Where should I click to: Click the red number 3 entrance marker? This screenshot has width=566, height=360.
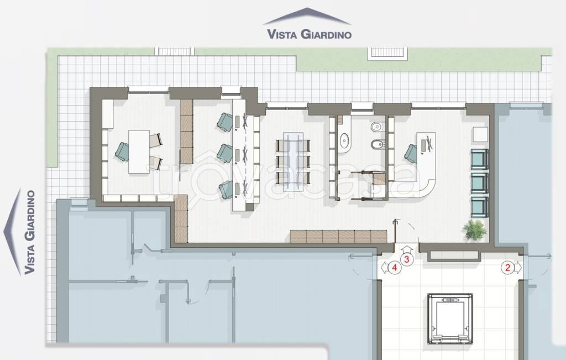tap(407, 259)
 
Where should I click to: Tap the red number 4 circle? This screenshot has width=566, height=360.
tap(395, 268)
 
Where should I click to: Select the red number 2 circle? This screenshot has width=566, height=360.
tap(507, 268)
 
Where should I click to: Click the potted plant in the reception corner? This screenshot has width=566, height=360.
tap(475, 229)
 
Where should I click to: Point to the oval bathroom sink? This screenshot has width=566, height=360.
tap(345, 140)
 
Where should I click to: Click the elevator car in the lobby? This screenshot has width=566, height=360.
tap(450, 320)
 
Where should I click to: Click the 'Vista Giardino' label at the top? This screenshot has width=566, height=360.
tap(309, 34)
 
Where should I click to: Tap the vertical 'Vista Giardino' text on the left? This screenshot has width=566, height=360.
tap(30, 232)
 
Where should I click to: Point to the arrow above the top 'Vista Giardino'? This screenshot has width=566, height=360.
tap(307, 16)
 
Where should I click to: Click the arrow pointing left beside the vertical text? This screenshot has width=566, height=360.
tap(12, 232)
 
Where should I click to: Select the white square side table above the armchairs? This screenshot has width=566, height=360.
tap(480, 134)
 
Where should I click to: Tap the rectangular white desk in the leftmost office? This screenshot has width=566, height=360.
tap(139, 152)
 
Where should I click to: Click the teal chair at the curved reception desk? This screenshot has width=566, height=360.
tap(411, 154)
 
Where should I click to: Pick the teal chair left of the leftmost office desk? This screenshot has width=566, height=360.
tap(122, 152)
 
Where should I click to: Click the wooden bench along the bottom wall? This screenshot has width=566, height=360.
tap(338, 237)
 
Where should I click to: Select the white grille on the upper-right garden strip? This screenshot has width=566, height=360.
tap(387, 53)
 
